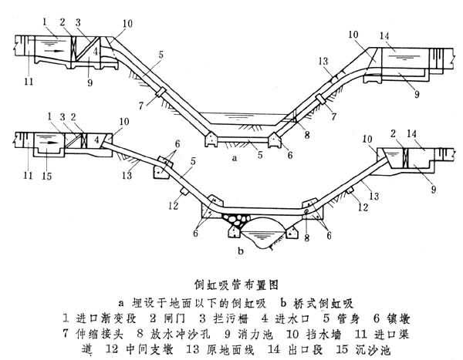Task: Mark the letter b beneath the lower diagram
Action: coord(242,252)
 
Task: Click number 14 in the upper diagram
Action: coord(384,36)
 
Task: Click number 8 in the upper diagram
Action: coord(307,134)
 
